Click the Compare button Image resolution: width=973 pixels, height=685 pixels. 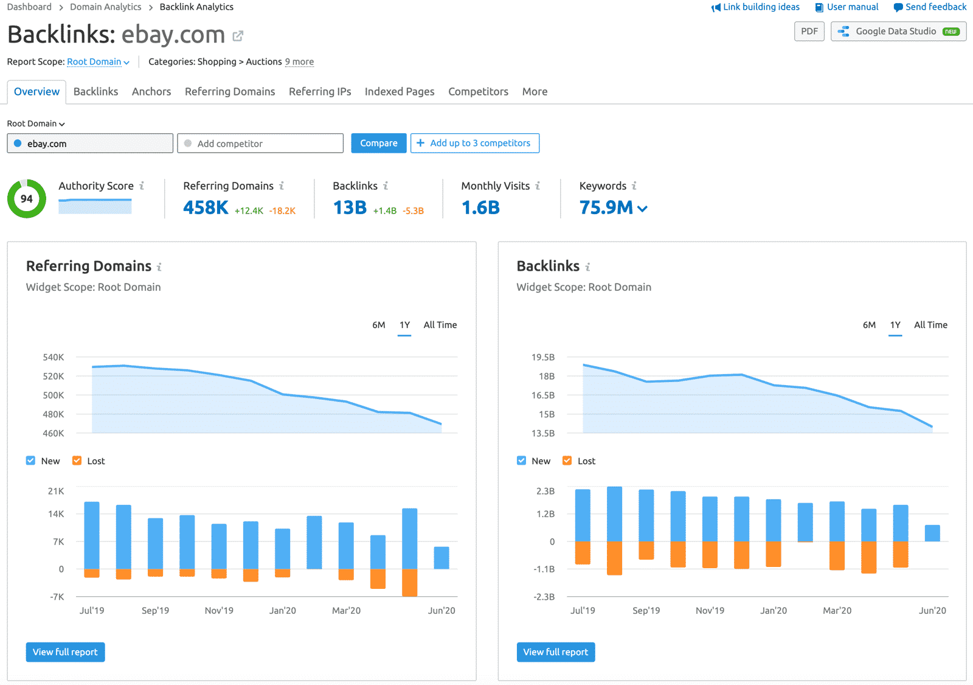[x=378, y=143]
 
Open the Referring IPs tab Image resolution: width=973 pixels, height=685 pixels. [x=320, y=91]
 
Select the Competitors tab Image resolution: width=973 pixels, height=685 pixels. [x=478, y=91]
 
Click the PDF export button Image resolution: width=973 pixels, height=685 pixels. [x=809, y=31]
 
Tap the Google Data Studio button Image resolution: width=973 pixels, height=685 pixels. [x=898, y=31]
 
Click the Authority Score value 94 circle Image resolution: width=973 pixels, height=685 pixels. [x=27, y=198]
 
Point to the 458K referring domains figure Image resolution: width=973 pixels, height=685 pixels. [x=206, y=207]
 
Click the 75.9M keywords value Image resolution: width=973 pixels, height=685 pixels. [x=606, y=207]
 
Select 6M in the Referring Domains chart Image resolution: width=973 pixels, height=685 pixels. [x=378, y=325]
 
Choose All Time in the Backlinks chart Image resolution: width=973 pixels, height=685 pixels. [x=930, y=325]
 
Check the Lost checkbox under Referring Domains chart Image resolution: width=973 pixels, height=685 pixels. [x=77, y=461]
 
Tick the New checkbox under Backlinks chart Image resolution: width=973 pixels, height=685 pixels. [x=521, y=461]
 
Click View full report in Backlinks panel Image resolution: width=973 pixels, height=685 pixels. [x=555, y=652]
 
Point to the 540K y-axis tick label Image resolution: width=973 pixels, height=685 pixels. [x=54, y=357]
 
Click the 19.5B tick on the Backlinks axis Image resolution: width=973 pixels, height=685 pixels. [x=543, y=357]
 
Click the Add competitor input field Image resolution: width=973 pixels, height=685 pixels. [x=260, y=144]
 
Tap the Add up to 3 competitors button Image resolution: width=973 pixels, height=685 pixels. [x=474, y=143]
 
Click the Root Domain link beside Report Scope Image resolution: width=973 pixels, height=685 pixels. [x=94, y=61]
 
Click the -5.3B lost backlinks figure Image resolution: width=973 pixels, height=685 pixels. [x=414, y=210]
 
